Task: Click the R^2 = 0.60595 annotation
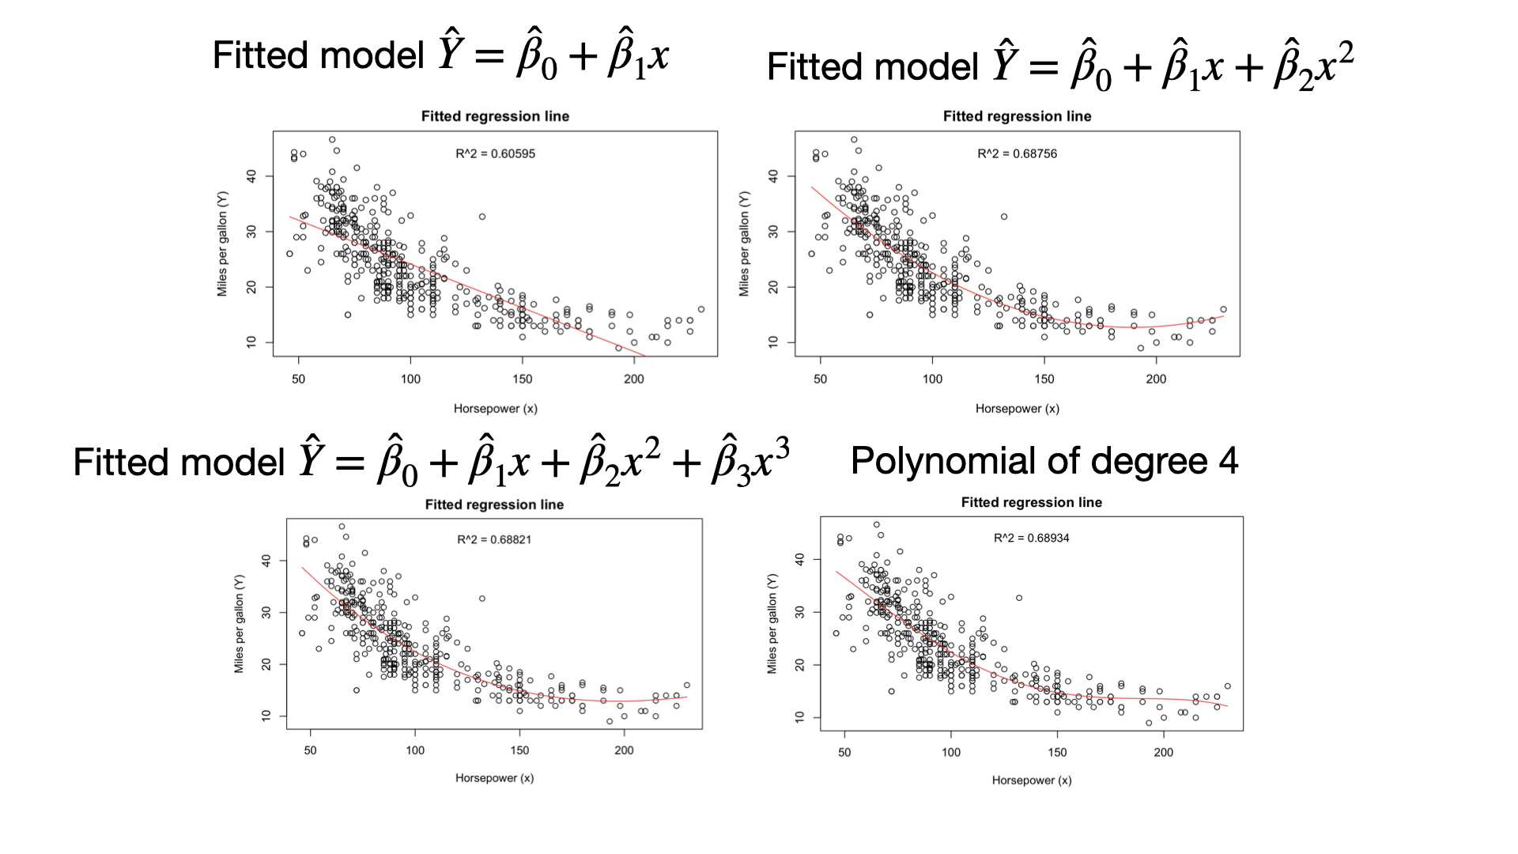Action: pyautogui.click(x=495, y=153)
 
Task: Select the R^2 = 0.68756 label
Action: pyautogui.click(x=1017, y=153)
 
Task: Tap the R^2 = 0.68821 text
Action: pyautogui.click(x=494, y=539)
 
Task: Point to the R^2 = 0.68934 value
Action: pyautogui.click(x=1031, y=538)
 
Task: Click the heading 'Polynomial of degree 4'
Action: pyautogui.click(x=1044, y=460)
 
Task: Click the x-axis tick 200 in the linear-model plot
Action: pyautogui.click(x=633, y=379)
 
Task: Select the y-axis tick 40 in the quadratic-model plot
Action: pyautogui.click(x=773, y=176)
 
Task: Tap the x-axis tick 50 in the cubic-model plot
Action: pyautogui.click(x=310, y=750)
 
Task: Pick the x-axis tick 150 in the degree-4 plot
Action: pyautogui.click(x=1057, y=752)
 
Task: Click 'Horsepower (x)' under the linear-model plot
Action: pyautogui.click(x=495, y=409)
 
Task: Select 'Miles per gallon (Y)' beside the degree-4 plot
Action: pyautogui.click(x=772, y=624)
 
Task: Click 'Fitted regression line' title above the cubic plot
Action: pyautogui.click(x=494, y=504)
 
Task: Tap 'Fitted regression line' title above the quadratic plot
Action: pyautogui.click(x=1017, y=116)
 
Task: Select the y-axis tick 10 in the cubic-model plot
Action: pyautogui.click(x=266, y=715)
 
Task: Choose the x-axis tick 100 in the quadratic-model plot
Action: pyautogui.click(x=932, y=379)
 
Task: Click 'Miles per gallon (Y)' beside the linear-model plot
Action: pyautogui.click(x=222, y=244)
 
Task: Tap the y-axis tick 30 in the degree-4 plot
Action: pyautogui.click(x=799, y=612)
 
